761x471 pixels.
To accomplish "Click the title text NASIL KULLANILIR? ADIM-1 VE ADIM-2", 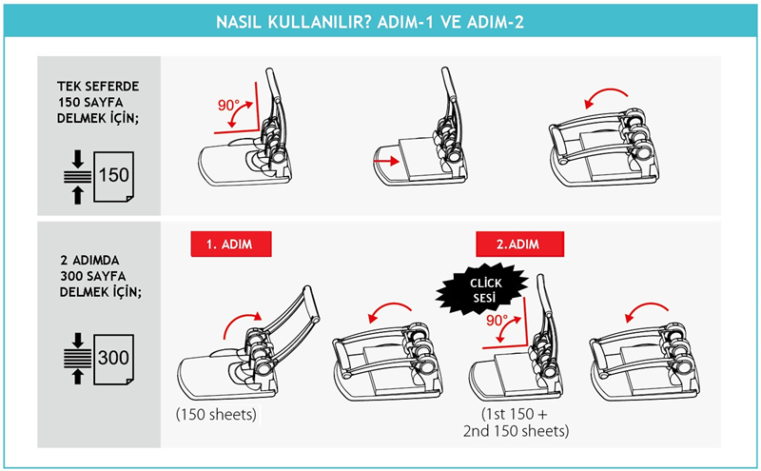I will [x=380, y=21].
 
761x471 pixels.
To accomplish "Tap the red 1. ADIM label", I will [x=233, y=245].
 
